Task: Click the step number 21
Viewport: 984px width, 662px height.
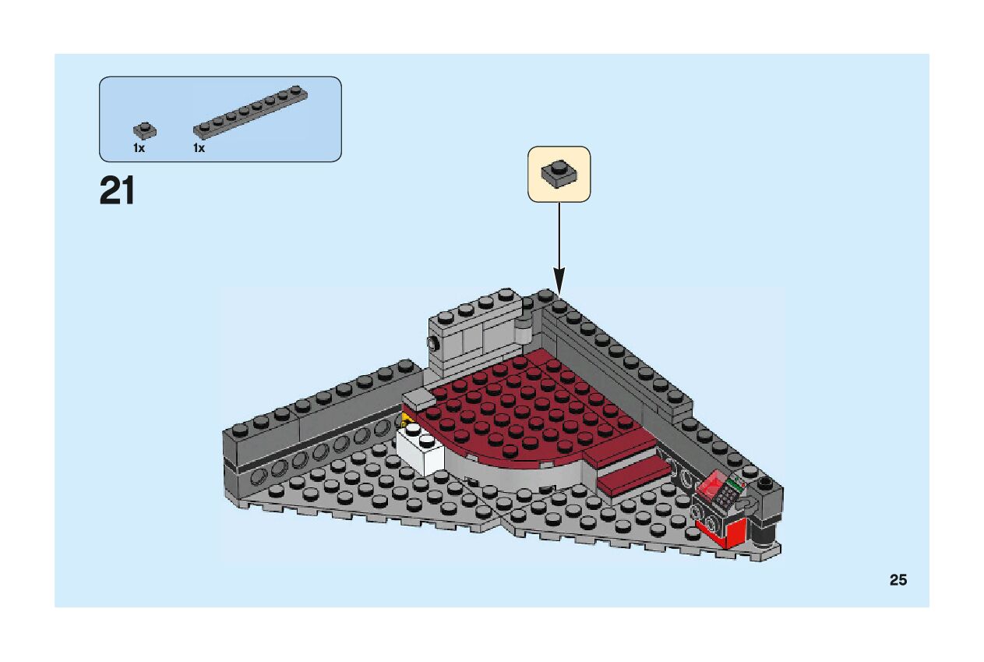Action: (x=118, y=191)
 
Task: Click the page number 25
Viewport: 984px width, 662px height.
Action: (x=898, y=579)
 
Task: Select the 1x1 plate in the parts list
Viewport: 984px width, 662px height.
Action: (x=144, y=130)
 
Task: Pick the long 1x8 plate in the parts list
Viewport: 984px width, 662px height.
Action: (x=250, y=110)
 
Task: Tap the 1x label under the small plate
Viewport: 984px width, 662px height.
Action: (x=139, y=147)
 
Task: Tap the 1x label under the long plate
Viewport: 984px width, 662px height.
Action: (x=199, y=147)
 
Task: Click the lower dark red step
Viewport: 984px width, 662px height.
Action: (x=632, y=476)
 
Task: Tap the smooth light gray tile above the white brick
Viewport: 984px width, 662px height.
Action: (x=418, y=399)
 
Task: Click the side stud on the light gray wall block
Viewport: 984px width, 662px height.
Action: (x=430, y=342)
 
